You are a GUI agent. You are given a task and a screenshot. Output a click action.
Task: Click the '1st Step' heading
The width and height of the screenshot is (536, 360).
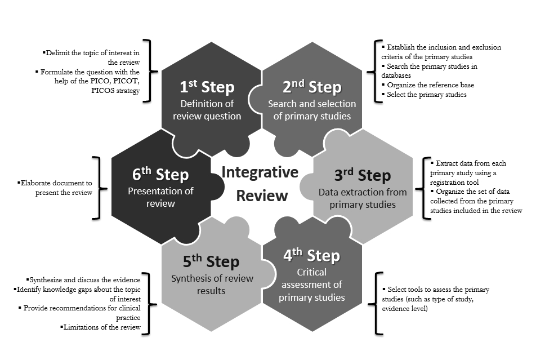[x=207, y=87]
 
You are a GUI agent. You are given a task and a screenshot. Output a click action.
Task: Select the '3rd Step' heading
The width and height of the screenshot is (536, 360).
[x=361, y=175]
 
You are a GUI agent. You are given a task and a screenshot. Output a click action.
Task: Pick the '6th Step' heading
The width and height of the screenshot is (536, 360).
[x=160, y=174]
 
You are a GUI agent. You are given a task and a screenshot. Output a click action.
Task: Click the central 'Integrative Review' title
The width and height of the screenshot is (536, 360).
[x=260, y=184]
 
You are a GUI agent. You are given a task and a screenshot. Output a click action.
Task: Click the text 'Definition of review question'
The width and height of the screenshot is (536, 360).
[x=207, y=110]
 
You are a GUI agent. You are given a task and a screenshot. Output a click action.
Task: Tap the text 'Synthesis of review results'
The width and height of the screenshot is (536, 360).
[x=212, y=285]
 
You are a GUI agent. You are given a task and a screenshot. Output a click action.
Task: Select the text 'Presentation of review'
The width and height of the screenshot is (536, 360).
[x=160, y=197]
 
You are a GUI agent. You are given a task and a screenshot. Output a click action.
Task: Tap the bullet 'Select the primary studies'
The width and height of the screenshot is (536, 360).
[x=426, y=94]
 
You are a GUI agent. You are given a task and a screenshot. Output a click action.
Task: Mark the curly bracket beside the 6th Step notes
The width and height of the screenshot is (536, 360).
[x=100, y=187]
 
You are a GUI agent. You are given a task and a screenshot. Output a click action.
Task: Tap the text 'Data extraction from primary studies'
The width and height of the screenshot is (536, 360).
[x=362, y=198]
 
